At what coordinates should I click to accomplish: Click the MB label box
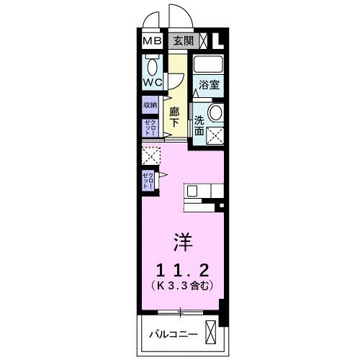152,40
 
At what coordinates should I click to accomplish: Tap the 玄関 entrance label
183,40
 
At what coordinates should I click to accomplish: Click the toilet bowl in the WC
153,67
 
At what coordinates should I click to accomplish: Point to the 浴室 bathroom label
210,84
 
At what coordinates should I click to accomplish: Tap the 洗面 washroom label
200,123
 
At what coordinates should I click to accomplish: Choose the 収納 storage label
150,105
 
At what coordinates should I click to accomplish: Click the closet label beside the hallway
150,128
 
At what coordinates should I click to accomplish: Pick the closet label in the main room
148,180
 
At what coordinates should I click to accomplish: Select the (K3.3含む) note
181,286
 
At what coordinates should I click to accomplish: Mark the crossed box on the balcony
210,333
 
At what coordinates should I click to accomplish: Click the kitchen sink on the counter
192,192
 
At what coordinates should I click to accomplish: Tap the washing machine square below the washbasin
213,135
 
